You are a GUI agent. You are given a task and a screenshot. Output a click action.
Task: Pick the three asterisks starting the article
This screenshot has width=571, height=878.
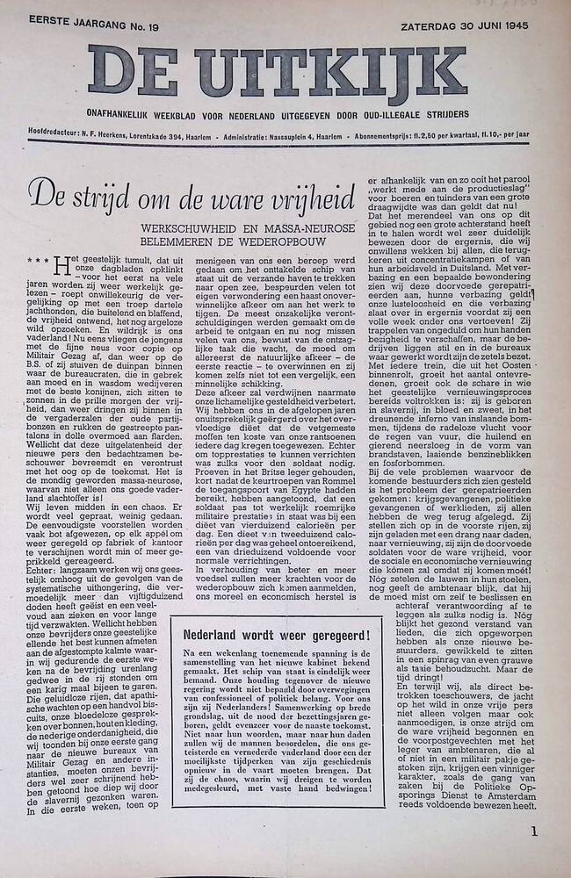[x=37, y=260]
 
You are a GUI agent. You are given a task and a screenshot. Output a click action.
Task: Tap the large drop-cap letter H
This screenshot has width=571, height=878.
[x=60, y=264]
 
